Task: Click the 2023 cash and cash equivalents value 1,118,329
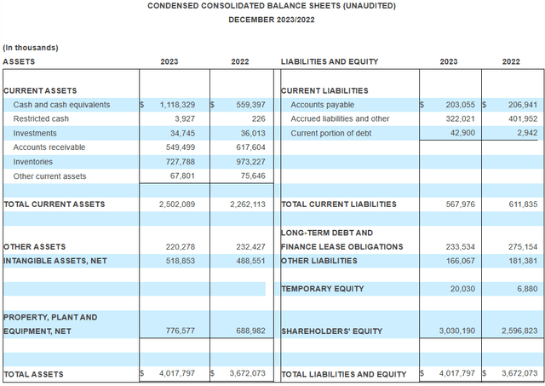pos(182,105)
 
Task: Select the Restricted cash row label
pos(41,118)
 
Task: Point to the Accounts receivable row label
pos(50,147)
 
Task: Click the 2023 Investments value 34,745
pos(189,133)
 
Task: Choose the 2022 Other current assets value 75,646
pos(248,176)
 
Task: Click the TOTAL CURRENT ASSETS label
pos(54,205)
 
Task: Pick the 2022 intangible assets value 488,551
pos(245,261)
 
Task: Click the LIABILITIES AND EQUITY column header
pos(330,61)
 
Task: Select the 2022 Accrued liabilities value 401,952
pos(519,118)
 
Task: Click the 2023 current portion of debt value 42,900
pos(458,133)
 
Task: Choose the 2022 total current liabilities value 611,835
pos(519,205)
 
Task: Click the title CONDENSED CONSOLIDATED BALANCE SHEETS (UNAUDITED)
pos(272,6)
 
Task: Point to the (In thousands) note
pos(31,48)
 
